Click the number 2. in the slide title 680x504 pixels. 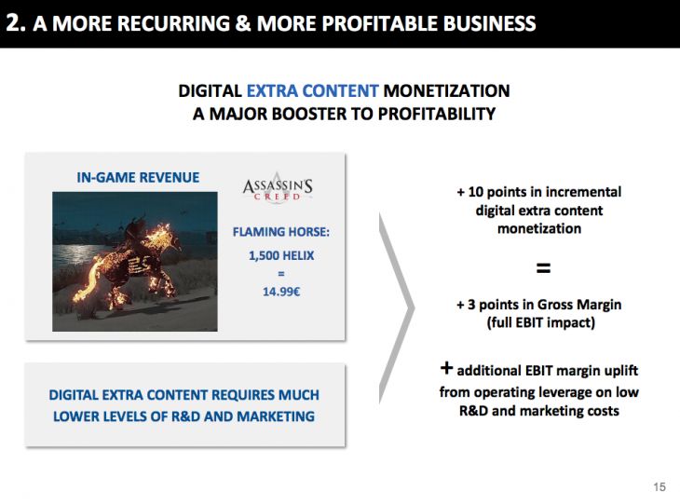[16, 22]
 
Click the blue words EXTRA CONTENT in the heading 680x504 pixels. [313, 90]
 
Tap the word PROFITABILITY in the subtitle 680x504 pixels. [437, 114]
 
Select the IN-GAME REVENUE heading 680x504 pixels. [138, 177]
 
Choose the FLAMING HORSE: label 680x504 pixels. [281, 232]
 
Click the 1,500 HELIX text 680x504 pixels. [281, 255]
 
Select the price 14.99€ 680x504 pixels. [281, 292]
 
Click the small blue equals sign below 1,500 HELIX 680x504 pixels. [281, 274]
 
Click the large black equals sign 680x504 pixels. [543, 268]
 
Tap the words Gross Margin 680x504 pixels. [579, 305]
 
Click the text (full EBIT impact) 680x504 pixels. [541, 322]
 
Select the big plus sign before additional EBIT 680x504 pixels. [446, 368]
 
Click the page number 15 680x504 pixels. [660, 486]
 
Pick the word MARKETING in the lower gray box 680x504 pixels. [276, 416]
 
